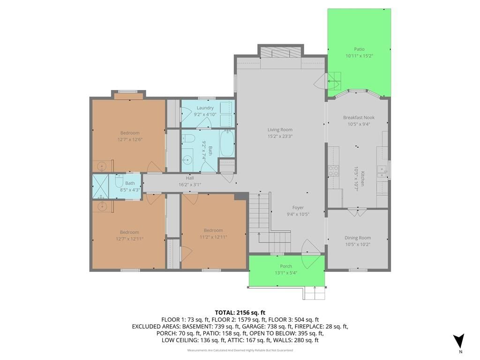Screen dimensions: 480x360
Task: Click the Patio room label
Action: click(x=359, y=49)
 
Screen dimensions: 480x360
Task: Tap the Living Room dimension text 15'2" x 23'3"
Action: click(x=280, y=136)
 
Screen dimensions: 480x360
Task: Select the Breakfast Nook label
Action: click(x=359, y=117)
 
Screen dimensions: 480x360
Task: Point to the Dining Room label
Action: click(x=358, y=238)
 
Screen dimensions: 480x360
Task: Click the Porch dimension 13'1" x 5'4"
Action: click(x=286, y=273)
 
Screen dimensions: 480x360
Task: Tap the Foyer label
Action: click(x=298, y=208)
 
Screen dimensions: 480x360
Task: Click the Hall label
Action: click(x=190, y=178)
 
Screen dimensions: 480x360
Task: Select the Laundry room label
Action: click(x=205, y=108)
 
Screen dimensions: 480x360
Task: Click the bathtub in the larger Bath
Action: click(x=227, y=143)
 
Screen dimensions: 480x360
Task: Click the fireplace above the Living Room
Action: click(x=281, y=52)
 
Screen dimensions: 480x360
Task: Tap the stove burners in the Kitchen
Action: click(x=333, y=171)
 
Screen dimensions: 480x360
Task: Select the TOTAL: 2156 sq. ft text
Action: click(x=240, y=313)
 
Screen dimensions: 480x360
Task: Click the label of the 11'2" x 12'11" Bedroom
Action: click(x=213, y=230)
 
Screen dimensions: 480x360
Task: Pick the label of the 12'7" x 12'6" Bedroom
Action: click(x=130, y=133)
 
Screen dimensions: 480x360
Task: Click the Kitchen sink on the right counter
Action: click(x=382, y=172)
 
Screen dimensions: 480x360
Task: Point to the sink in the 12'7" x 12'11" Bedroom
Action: click(x=102, y=207)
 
